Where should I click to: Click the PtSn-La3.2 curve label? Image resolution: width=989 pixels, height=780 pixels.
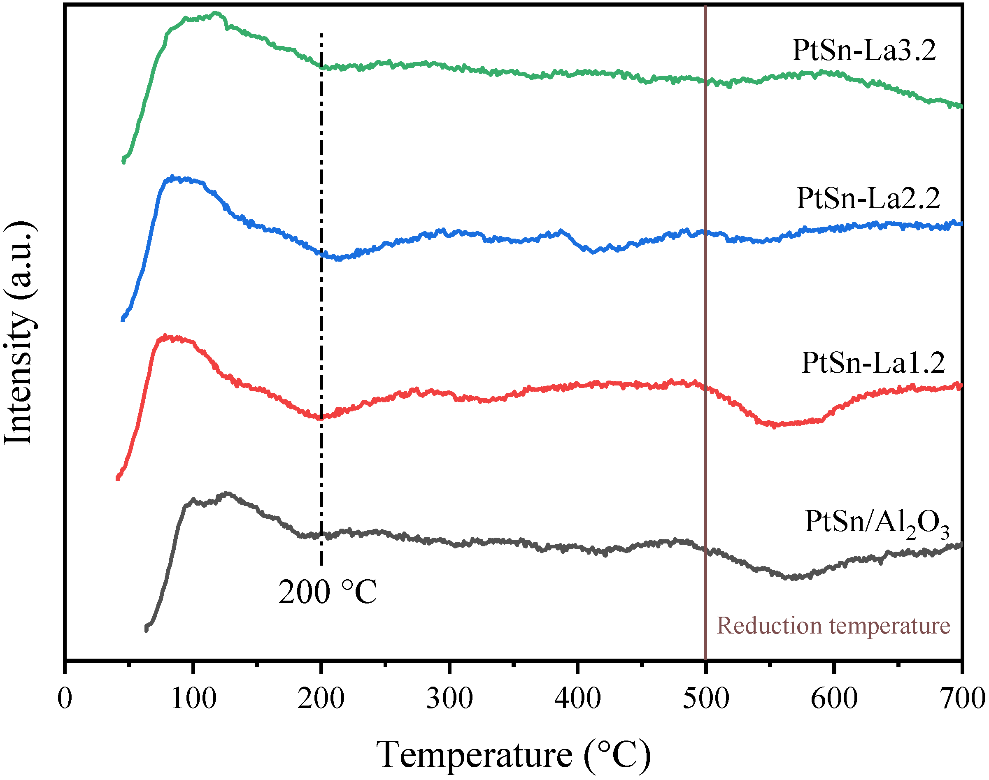(x=864, y=50)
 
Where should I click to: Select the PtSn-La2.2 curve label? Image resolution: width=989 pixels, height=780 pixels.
(x=868, y=198)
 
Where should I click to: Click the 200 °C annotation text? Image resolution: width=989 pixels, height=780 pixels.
(x=328, y=592)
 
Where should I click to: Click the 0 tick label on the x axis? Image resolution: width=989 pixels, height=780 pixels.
(x=65, y=699)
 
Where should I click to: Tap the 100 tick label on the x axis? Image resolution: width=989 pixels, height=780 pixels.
(x=193, y=699)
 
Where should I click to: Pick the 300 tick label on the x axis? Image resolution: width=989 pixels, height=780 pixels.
(x=449, y=699)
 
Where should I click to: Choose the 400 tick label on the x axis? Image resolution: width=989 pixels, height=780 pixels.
(x=578, y=699)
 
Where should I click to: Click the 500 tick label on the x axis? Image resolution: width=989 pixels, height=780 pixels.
(x=706, y=699)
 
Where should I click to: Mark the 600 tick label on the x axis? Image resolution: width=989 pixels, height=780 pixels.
(x=834, y=699)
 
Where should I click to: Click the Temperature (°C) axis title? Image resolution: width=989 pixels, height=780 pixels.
(x=514, y=755)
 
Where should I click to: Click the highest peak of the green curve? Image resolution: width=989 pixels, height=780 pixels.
(x=216, y=13)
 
